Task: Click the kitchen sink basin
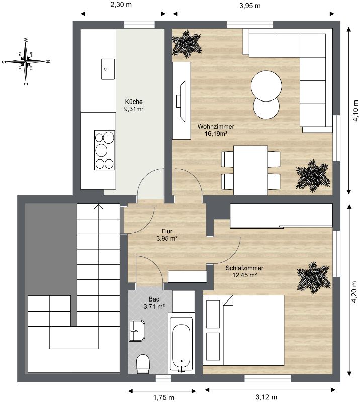click(108, 69)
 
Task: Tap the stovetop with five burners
click(105, 150)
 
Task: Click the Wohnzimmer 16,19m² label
click(216, 130)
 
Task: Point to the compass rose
click(26, 62)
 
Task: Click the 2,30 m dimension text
click(121, 5)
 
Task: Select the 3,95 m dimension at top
click(250, 6)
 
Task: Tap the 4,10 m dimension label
click(355, 110)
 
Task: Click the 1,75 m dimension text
click(164, 397)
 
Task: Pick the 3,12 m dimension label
click(266, 397)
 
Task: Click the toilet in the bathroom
click(143, 363)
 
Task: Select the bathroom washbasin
click(137, 331)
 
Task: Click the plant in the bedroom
click(313, 278)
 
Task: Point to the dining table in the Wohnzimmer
click(251, 170)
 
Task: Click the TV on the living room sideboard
click(182, 101)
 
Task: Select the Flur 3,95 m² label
click(167, 235)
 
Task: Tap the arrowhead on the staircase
click(99, 207)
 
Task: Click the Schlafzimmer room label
click(244, 268)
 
